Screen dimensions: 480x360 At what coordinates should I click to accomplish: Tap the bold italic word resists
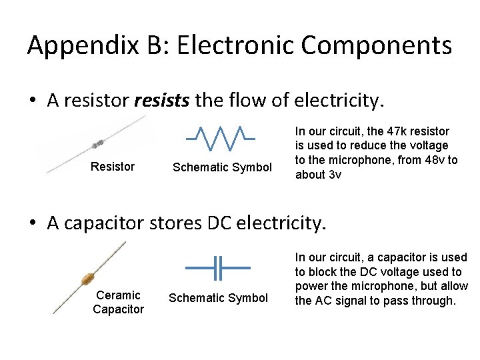click(x=162, y=101)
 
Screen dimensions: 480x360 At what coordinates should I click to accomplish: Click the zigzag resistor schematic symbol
click(x=220, y=137)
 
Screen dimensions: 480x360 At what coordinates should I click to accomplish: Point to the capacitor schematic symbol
click(x=217, y=268)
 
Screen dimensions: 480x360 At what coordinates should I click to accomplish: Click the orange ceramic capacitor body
click(x=85, y=279)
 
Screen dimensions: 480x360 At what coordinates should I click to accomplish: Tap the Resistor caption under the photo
click(x=112, y=167)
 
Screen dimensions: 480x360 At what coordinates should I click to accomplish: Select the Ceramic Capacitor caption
click(x=118, y=302)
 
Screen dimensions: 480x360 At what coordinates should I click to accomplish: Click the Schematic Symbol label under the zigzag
click(x=222, y=167)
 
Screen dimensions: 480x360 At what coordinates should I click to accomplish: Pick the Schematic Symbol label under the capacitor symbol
click(x=218, y=298)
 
